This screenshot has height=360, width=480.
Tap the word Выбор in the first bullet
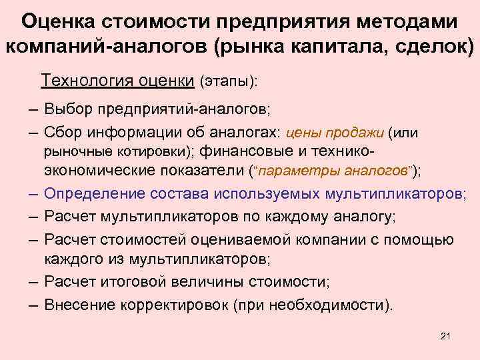coord(68,108)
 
